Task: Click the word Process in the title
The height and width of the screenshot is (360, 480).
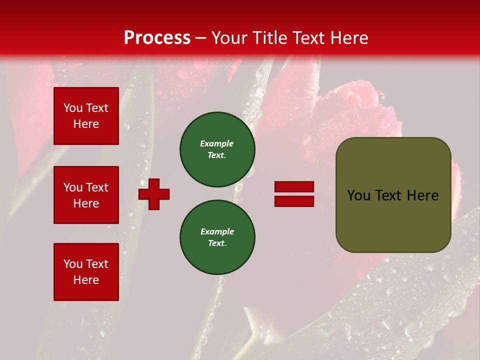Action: click(x=157, y=38)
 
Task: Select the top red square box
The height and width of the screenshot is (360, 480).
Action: click(x=86, y=116)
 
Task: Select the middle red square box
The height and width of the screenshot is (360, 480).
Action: click(x=86, y=195)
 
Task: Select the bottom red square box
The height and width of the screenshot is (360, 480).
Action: click(x=86, y=272)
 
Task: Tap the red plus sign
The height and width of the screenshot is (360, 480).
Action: click(x=154, y=194)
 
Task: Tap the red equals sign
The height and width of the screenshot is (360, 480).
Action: click(x=294, y=194)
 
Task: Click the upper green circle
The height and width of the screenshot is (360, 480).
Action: click(x=217, y=149)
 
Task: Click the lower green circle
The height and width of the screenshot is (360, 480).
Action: click(x=217, y=237)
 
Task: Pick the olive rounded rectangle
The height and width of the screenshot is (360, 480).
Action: click(x=393, y=195)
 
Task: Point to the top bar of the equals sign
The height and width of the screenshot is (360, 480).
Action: click(x=294, y=187)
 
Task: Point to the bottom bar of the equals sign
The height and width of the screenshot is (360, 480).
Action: click(x=294, y=201)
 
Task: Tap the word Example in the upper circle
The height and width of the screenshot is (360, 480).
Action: click(x=217, y=143)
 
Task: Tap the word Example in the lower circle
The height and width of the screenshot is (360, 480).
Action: click(x=217, y=231)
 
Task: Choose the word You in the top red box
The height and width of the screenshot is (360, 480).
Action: click(x=73, y=108)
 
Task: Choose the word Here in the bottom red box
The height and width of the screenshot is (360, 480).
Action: click(x=86, y=280)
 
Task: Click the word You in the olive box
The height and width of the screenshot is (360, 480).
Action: click(x=358, y=195)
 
